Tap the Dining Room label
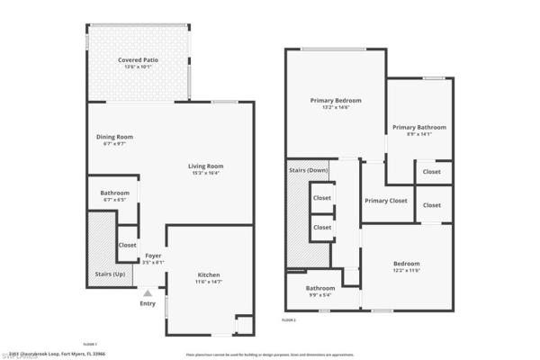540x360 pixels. coord(114,137)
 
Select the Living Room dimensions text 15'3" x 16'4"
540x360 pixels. coord(205,174)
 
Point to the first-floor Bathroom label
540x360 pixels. coord(114,193)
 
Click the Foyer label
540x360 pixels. coord(153,256)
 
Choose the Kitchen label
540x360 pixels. coord(209,274)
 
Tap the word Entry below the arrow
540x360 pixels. coord(148,303)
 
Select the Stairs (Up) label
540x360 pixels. coord(110,273)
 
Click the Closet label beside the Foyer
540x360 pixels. coord(127,244)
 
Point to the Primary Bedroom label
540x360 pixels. coord(335,100)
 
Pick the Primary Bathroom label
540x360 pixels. coord(419,126)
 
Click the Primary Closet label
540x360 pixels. coord(386,201)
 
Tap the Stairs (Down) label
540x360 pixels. coord(308,169)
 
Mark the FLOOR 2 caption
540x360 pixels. coord(290,319)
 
